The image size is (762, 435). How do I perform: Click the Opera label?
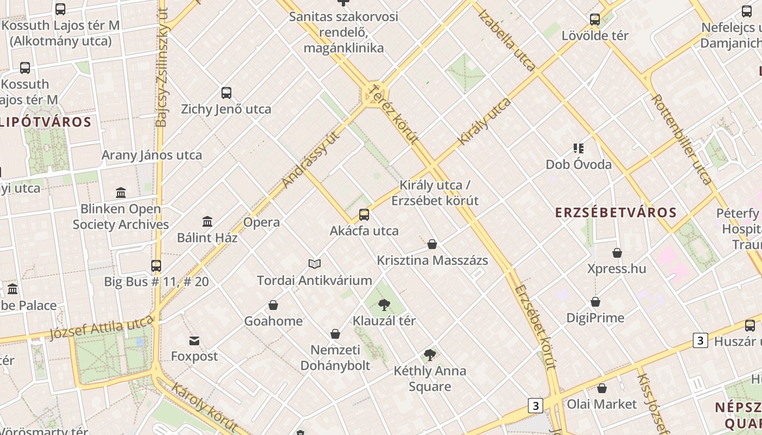point(262,222)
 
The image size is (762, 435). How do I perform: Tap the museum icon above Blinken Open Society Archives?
point(121,193)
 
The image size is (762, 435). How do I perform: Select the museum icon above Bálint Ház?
point(207,222)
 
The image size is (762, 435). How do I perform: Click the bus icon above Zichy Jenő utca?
point(226,93)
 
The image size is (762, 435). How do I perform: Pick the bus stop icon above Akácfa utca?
point(364,215)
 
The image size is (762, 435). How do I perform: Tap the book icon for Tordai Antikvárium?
point(315,264)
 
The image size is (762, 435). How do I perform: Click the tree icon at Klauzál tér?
point(384,304)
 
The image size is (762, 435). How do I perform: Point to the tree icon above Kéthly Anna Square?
point(430,355)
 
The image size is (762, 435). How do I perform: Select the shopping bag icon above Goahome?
point(273,305)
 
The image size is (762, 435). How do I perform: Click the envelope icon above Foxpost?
point(194,341)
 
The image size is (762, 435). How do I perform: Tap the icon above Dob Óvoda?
point(579,148)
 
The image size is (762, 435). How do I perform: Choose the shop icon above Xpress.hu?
point(617,253)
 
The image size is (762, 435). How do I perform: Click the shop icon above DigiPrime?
point(595,302)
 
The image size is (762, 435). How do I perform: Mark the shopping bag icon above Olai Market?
point(602,388)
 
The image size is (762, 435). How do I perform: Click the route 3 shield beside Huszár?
point(700,341)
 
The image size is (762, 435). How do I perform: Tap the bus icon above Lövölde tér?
point(595,20)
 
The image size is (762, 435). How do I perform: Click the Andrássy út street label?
point(311,159)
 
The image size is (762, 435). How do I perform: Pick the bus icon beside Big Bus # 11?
point(156,266)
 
